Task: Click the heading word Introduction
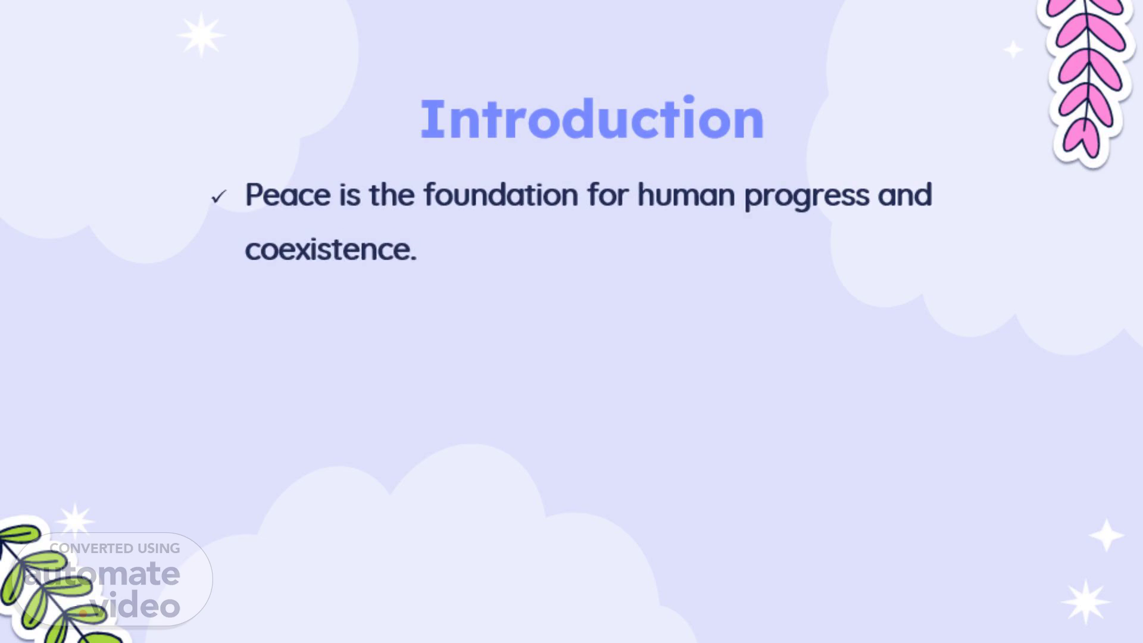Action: click(592, 119)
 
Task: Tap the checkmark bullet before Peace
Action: click(219, 196)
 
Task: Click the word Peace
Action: click(288, 195)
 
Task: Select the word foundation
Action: click(501, 195)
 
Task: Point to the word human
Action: click(686, 195)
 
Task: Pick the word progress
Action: click(807, 196)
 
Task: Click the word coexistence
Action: click(330, 249)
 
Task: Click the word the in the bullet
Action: click(392, 195)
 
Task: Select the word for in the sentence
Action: click(608, 195)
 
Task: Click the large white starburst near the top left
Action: click(201, 35)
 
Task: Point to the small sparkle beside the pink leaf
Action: click(1013, 49)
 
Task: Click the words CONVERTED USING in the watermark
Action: click(115, 548)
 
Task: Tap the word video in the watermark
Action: click(135, 605)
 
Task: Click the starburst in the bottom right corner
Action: click(1085, 602)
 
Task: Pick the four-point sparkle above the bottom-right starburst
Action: click(1106, 535)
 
